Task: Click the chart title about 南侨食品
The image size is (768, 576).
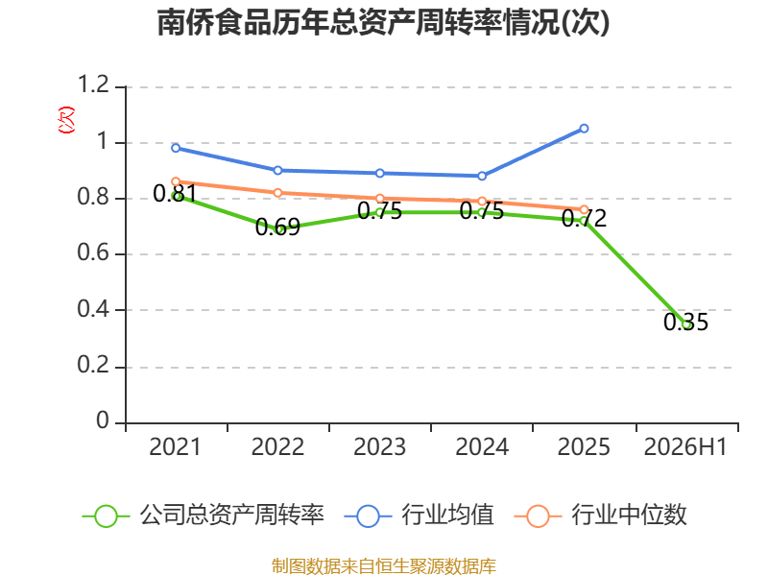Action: (383, 22)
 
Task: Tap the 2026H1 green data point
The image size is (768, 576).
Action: (686, 324)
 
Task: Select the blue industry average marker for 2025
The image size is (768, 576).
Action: (584, 129)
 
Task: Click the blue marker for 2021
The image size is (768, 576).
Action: (176, 148)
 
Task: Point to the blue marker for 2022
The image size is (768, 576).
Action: (277, 171)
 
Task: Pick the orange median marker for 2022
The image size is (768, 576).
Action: (277, 193)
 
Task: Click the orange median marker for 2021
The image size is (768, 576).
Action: (176, 181)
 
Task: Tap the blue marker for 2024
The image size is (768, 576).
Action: (482, 176)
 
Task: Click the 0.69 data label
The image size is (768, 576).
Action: (277, 227)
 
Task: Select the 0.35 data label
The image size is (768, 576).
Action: (685, 322)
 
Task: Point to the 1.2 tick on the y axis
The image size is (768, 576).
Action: (93, 84)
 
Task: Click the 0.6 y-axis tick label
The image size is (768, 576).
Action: (93, 252)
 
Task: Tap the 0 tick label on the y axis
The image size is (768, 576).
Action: (103, 420)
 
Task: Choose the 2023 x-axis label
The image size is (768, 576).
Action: (379, 446)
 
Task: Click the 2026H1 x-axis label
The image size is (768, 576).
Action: (685, 446)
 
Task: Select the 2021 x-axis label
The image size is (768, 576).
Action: (175, 446)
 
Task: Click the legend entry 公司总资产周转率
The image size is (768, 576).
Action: (204, 516)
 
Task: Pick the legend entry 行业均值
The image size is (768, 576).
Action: (420, 516)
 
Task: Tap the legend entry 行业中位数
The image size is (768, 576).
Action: (601, 516)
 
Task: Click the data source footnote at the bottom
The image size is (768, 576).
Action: (384, 565)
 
